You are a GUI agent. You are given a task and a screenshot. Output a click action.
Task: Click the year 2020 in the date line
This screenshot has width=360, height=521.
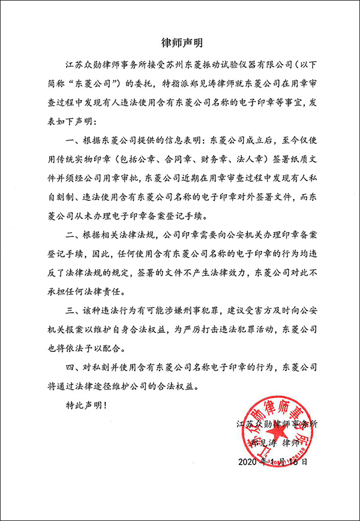point(248,462)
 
